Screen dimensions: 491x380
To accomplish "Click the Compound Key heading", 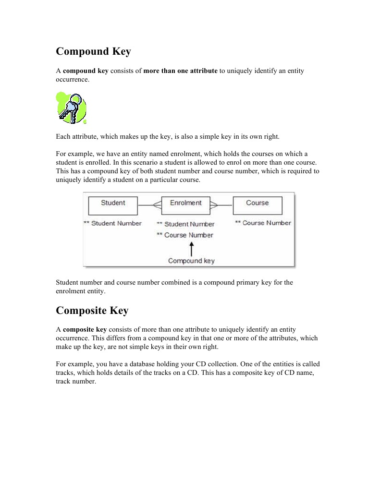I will pyautogui.click(x=93, y=51).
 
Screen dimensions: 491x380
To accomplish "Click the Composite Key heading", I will pyautogui.click(x=92, y=311).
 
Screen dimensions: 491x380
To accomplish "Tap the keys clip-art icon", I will pyautogui.click(x=71, y=108).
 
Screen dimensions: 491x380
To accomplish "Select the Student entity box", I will pyautogui.click(x=113, y=205).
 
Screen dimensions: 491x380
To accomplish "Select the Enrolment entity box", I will pyautogui.click(x=185, y=205).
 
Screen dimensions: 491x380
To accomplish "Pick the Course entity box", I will pyautogui.click(x=257, y=205).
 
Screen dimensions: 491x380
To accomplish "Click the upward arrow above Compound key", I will pyautogui.click(x=191, y=249).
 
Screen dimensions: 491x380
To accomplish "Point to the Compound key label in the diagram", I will pyautogui.click(x=191, y=261).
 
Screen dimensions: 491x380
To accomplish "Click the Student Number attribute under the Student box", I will pyautogui.click(x=113, y=223).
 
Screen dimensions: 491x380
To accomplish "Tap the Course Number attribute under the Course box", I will pyautogui.click(x=263, y=223).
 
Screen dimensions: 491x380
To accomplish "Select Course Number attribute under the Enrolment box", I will pyautogui.click(x=185, y=235).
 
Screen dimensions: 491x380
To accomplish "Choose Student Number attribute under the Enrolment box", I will pyautogui.click(x=186, y=224).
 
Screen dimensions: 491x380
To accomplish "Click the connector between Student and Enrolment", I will pyautogui.click(x=149, y=205).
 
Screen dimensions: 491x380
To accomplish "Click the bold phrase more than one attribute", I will pyautogui.click(x=180, y=71).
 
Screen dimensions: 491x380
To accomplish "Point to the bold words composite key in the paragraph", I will pyautogui.click(x=85, y=329).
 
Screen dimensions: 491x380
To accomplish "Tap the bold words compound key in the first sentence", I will pyautogui.click(x=86, y=71).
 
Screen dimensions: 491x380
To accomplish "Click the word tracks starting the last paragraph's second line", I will pyautogui.click(x=65, y=373).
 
